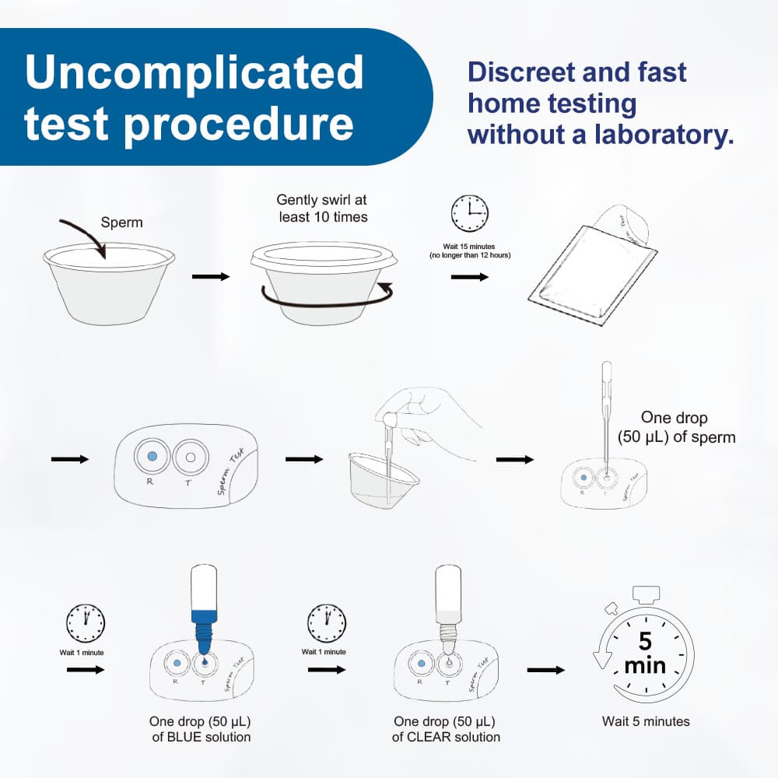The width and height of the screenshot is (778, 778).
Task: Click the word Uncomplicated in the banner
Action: tap(194, 72)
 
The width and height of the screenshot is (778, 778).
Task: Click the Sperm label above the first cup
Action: tap(122, 223)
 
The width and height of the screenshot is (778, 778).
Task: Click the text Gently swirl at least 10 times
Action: tap(323, 209)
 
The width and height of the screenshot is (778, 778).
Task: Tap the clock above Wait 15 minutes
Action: tap(470, 212)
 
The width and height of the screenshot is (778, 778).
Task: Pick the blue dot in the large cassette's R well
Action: tap(152, 455)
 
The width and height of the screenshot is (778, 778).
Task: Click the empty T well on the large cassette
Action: tap(189, 457)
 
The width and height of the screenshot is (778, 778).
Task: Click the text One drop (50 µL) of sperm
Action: tap(676, 428)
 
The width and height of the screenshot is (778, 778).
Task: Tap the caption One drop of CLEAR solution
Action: tap(446, 729)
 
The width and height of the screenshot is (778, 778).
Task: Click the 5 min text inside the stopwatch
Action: tap(645, 654)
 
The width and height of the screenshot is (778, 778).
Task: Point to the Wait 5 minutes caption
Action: tap(645, 722)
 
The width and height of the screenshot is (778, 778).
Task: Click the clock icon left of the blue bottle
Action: tap(85, 622)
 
